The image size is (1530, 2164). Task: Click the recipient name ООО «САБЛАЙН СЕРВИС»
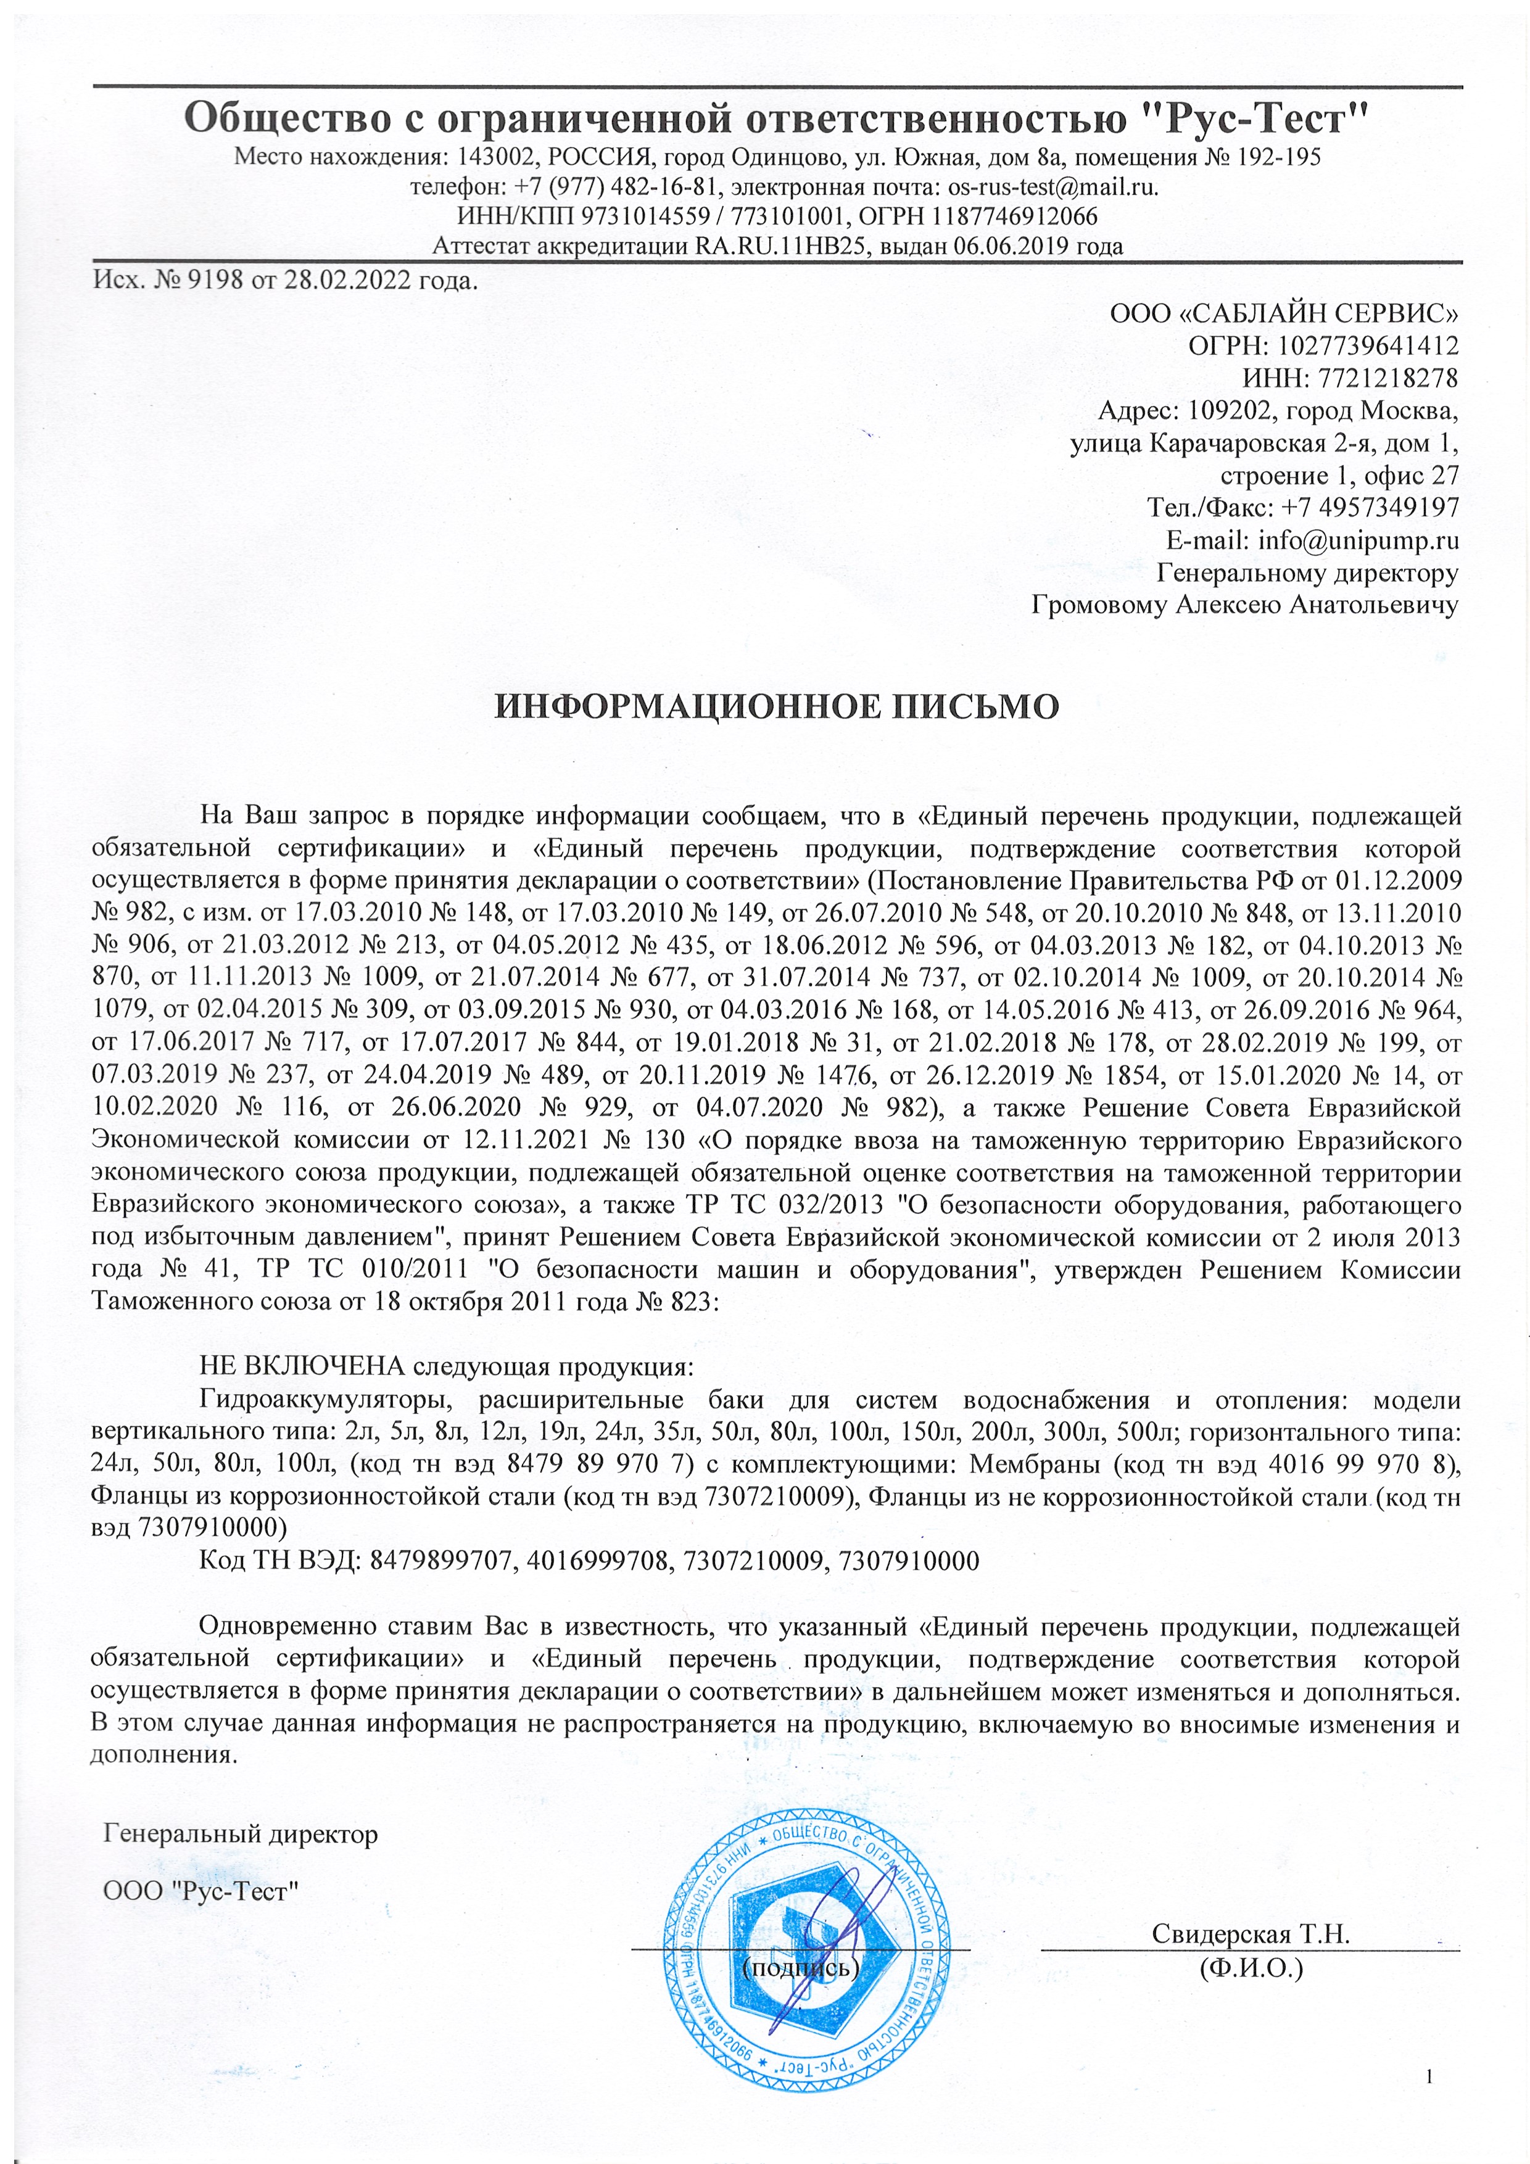click(1284, 313)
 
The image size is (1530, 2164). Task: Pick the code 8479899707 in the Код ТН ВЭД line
click(442, 1561)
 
